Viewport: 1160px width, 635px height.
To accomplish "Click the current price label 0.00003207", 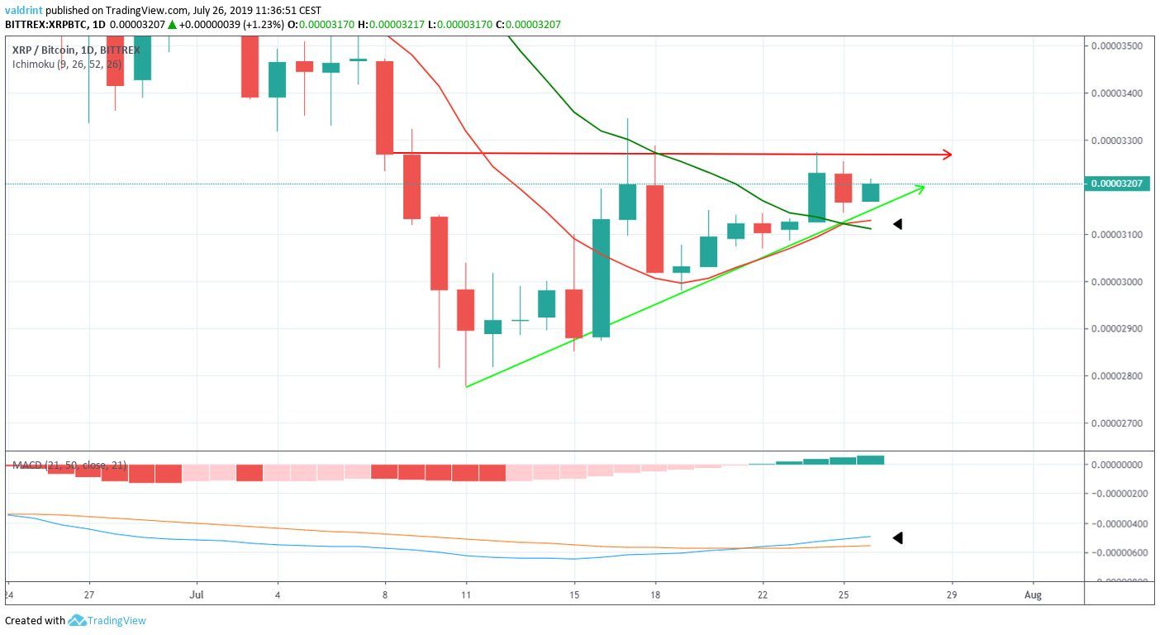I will click(1119, 184).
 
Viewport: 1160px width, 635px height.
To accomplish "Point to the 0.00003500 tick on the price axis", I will click(1119, 45).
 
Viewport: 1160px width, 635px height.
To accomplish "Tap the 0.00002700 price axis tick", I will click(1119, 423).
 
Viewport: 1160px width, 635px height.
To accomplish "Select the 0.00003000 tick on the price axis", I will click(1119, 282).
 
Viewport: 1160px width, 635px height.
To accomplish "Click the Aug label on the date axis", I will click(1032, 594).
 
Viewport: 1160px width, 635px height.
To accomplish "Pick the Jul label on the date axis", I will click(197, 594).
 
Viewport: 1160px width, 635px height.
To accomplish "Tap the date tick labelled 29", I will click(953, 594).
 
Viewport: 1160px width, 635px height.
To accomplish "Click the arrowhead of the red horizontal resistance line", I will click(948, 155).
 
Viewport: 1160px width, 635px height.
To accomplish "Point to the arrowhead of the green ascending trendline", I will click(920, 189).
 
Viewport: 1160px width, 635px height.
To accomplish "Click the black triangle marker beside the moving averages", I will click(897, 224).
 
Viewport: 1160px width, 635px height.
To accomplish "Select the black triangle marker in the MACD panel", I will click(897, 538).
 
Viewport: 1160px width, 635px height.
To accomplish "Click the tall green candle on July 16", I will click(601, 278).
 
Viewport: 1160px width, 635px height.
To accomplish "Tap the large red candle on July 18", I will click(654, 228).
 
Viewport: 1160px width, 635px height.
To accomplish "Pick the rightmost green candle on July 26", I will click(871, 193).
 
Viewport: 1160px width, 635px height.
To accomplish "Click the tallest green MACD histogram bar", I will click(871, 460).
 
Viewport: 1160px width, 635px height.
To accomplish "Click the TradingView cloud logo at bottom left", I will click(78, 620).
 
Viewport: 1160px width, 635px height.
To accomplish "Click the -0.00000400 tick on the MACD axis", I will click(1119, 523).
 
